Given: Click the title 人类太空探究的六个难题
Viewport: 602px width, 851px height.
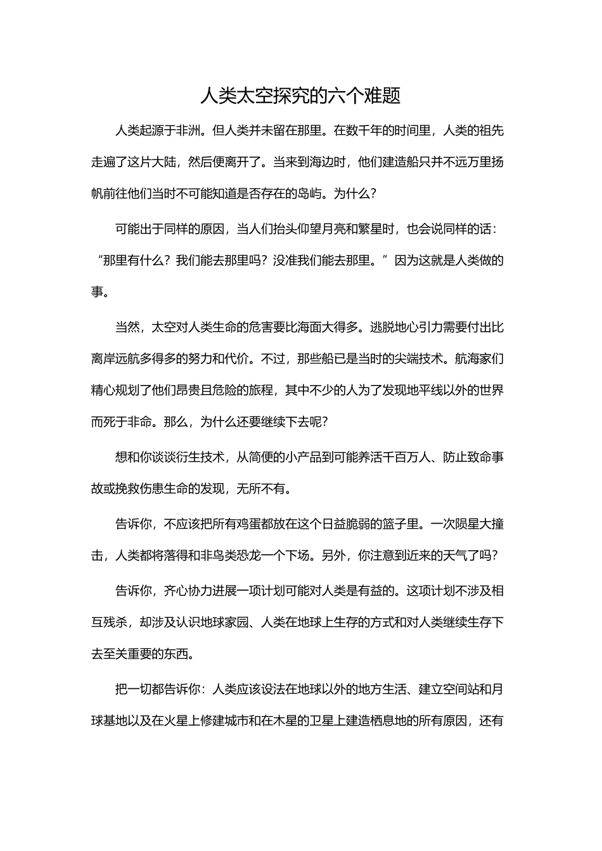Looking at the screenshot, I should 300,96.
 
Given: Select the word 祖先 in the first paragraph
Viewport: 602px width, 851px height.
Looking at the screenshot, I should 492,131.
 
